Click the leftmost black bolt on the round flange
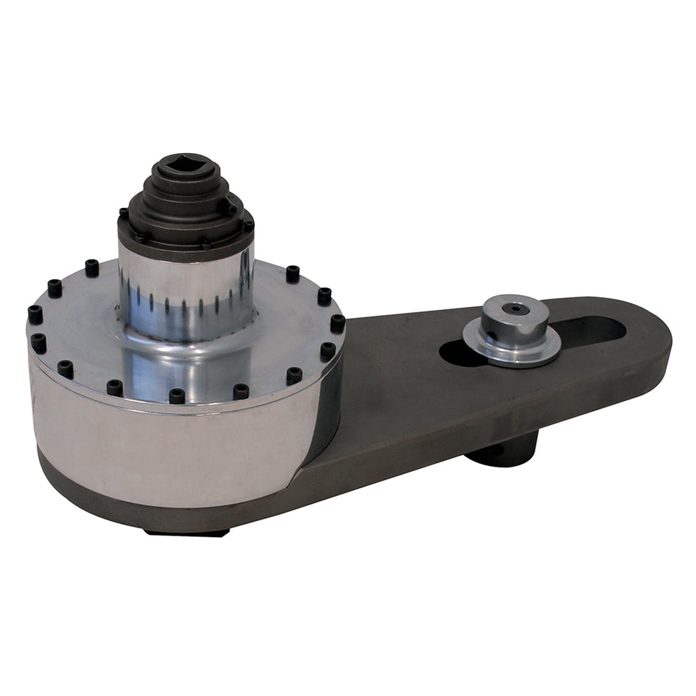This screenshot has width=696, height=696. pos(34,314)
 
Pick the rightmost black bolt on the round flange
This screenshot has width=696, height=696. pos(337,322)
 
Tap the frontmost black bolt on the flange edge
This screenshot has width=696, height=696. pos(177,396)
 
